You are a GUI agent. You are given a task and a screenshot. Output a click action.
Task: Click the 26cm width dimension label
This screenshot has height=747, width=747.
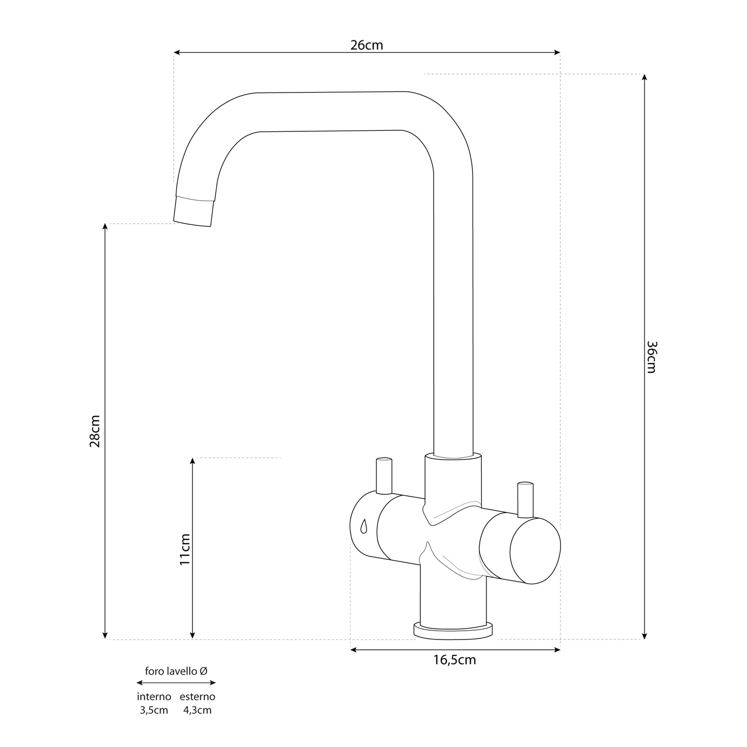click(x=367, y=45)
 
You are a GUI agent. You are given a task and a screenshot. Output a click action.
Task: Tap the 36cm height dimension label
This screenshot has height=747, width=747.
click(x=651, y=357)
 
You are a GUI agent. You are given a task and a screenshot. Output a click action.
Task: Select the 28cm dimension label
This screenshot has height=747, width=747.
click(x=95, y=432)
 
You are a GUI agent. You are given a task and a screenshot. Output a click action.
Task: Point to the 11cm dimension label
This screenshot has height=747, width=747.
click(x=185, y=550)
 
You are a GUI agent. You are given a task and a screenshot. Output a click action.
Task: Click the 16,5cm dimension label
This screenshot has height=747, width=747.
click(x=454, y=660)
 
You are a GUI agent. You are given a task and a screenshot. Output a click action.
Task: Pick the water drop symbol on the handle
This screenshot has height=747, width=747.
click(x=363, y=526)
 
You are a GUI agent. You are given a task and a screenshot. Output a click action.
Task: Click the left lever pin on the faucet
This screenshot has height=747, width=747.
click(x=384, y=476)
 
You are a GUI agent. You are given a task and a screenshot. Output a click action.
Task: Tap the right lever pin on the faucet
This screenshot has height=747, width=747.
click(x=525, y=500)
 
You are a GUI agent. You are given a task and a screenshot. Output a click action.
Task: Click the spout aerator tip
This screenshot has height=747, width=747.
click(x=193, y=211)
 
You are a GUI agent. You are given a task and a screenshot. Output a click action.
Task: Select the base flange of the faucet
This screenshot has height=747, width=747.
click(x=453, y=631)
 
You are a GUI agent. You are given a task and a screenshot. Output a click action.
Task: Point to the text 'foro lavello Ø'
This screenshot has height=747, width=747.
click(x=176, y=671)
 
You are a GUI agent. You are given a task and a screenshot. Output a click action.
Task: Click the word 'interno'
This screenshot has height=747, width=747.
click(x=154, y=697)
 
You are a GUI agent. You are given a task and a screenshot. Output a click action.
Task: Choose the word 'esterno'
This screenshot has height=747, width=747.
click(x=197, y=697)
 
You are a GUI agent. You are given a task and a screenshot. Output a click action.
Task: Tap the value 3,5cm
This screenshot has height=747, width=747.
click(x=154, y=710)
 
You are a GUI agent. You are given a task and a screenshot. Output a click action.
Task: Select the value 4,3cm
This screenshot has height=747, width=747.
click(x=197, y=710)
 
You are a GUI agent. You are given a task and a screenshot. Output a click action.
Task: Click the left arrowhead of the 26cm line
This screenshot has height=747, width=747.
click(x=176, y=52)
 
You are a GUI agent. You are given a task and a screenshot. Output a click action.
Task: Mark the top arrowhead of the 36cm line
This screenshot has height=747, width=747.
click(x=644, y=77)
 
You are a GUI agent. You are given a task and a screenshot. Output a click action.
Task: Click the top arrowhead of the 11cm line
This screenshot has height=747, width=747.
click(x=192, y=461)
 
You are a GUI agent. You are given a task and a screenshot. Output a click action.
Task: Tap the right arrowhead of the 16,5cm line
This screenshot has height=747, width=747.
click(x=557, y=650)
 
